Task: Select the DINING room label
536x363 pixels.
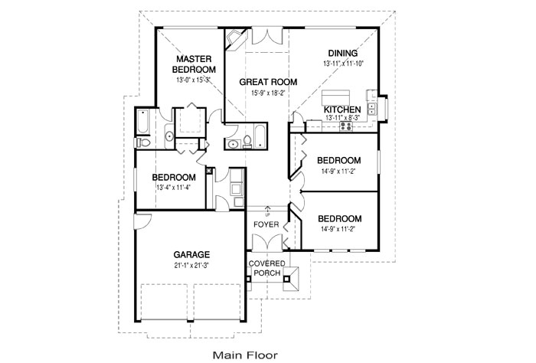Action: (342, 53)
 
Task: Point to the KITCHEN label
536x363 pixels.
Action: (342, 110)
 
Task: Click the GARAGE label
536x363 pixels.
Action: (191, 255)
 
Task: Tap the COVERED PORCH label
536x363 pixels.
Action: (267, 268)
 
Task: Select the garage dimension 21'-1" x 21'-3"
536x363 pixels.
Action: (191, 266)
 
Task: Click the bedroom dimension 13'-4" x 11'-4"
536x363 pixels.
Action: (174, 187)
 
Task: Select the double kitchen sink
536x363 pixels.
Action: (372, 106)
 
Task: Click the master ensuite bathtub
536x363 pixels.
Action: (145, 122)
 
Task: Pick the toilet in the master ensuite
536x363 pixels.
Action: (142, 142)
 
